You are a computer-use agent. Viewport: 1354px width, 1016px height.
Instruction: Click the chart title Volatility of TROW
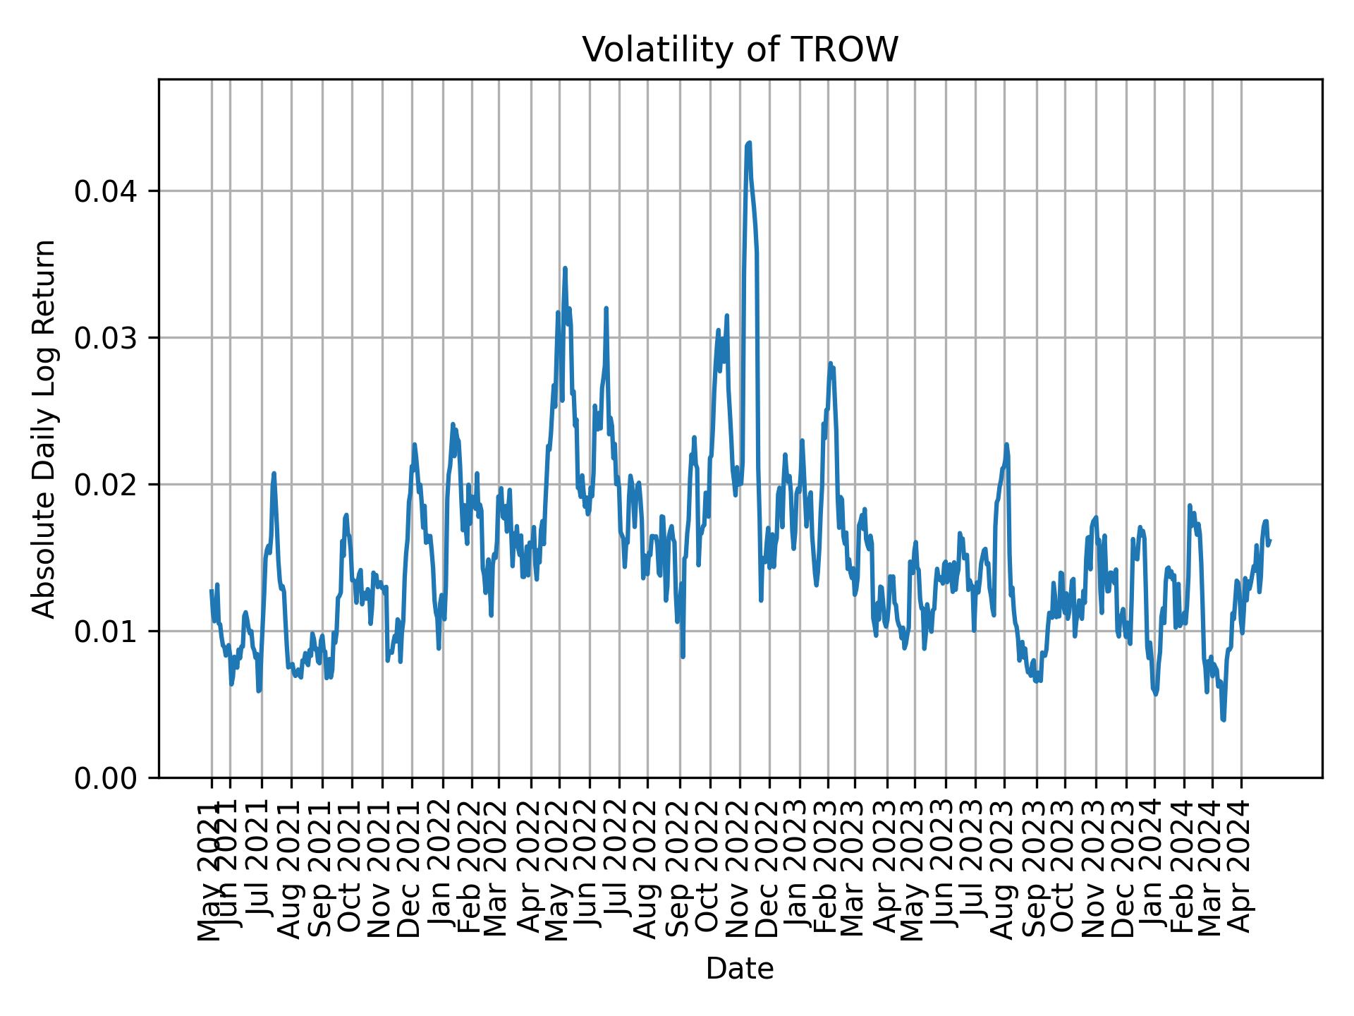740,50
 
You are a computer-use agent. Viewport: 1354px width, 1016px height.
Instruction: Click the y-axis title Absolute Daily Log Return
45,428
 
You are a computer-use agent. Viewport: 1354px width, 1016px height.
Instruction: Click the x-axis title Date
740,969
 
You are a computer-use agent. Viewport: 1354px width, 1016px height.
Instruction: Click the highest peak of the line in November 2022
749,143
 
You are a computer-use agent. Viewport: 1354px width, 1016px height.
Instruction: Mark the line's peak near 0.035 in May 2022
565,268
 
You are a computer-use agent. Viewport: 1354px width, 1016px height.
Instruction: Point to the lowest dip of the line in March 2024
1223,720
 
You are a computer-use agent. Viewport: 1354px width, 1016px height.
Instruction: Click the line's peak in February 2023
831,363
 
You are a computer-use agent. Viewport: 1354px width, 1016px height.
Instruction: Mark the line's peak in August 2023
1006,445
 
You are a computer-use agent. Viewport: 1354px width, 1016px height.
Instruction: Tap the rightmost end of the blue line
1269,541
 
